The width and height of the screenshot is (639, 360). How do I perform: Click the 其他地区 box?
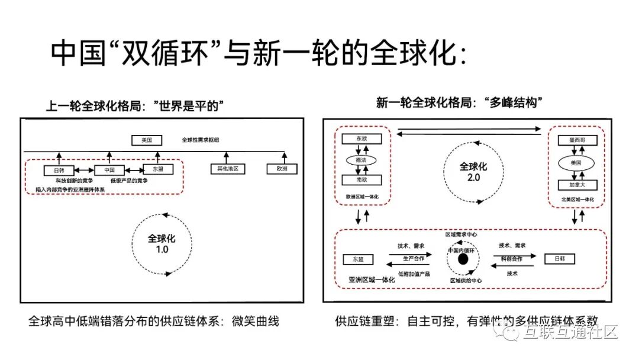228,169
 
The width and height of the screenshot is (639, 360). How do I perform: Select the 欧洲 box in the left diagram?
282,169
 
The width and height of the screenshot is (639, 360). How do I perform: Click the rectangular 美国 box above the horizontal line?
147,140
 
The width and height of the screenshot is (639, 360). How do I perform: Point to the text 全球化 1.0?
162,244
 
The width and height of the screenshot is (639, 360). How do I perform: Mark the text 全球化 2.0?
473,172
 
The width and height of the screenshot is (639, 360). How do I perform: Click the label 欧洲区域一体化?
362,195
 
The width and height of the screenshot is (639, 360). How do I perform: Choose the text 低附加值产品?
414,274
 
